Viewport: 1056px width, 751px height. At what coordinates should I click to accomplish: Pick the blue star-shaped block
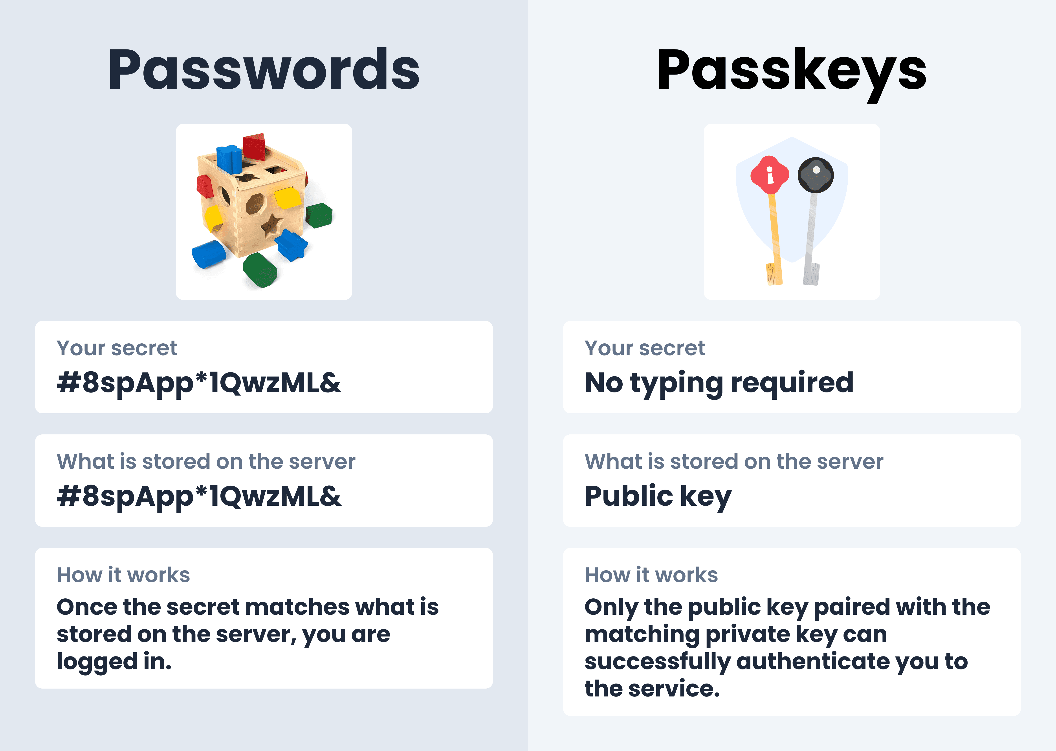pos(291,244)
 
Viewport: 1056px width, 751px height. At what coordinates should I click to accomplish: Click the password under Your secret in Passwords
pos(199,383)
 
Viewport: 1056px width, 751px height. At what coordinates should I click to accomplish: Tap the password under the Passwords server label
pos(199,496)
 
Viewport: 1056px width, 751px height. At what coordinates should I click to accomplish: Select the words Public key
pos(658,496)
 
